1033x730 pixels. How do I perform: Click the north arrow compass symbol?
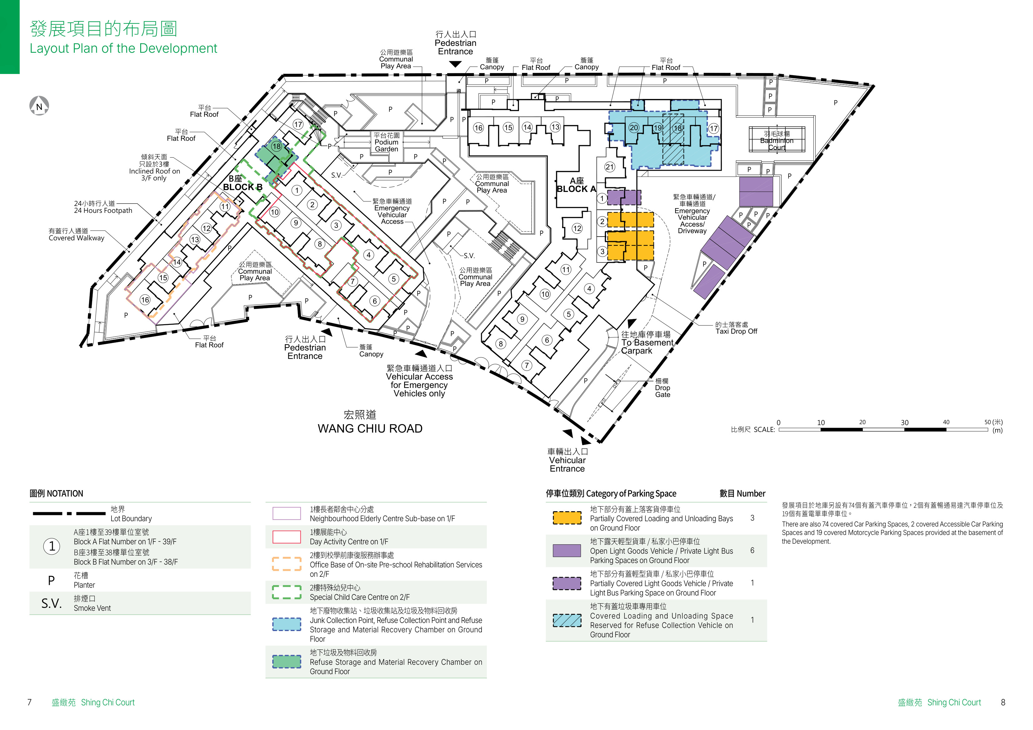39,106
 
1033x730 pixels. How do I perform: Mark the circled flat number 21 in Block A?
610,167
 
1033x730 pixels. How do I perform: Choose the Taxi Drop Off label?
736,331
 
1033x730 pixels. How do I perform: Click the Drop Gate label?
662,391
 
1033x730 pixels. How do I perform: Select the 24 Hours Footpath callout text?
103,210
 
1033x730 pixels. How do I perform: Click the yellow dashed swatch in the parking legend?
567,518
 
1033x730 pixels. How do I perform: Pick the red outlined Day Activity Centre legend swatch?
287,537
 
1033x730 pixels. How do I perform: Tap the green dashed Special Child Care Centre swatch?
287,592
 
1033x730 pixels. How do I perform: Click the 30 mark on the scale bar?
904,423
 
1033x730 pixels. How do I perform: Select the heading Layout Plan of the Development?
123,48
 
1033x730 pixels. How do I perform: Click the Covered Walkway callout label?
77,238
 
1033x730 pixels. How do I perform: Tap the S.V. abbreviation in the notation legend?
51,604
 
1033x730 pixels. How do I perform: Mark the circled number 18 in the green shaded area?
276,146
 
